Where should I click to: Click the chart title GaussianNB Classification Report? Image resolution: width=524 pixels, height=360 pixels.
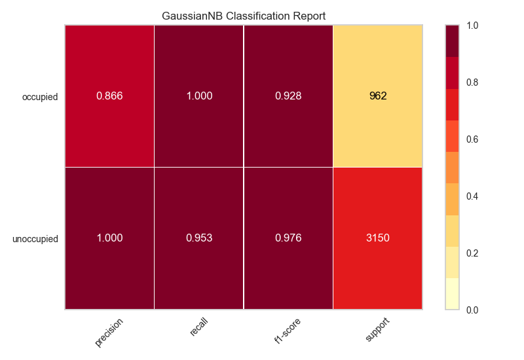244,15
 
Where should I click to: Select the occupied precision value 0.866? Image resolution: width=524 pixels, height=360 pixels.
109,96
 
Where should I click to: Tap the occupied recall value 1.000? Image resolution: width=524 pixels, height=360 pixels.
199,96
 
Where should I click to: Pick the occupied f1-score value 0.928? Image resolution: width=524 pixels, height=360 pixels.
288,96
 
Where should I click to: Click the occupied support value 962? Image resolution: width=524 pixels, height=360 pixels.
378,96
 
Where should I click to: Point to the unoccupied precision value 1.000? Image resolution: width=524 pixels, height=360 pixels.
109,238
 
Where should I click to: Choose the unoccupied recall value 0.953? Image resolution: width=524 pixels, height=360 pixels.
199,238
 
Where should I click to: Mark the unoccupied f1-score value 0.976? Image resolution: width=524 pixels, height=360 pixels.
288,238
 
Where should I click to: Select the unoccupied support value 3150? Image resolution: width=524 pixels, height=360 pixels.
378,238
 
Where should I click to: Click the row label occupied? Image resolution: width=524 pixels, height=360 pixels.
40,97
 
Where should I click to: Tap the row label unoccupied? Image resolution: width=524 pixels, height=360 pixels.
35,239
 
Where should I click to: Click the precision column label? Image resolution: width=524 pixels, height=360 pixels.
109,332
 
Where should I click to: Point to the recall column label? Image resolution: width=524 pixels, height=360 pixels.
199,327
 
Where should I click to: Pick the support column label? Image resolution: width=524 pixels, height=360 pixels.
378,331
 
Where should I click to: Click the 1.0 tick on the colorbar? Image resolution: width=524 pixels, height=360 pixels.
472,26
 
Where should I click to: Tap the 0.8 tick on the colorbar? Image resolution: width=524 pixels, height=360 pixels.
472,82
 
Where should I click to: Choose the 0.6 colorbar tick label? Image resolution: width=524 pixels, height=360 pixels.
472,139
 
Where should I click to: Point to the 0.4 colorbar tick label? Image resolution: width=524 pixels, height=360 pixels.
472,196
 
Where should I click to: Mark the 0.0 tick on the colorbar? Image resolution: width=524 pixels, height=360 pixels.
472,310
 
